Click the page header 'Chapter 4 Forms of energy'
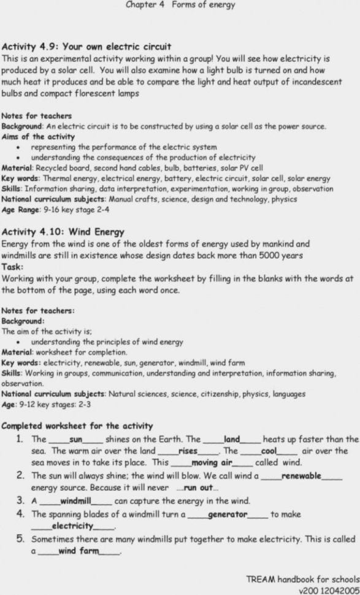[180, 5]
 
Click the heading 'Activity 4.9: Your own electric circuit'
[86, 47]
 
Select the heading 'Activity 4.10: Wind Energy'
[63, 232]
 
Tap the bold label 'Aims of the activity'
[38, 137]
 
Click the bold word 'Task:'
[13, 267]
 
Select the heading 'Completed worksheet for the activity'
[77, 426]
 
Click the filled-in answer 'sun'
[76, 439]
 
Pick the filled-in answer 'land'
[232, 439]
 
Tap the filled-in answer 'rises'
[187, 451]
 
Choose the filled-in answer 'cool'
[269, 451]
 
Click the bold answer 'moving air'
[212, 463]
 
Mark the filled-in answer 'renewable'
[301, 475]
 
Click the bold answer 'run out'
[198, 488]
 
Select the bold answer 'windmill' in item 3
[75, 501]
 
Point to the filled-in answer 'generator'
[228, 514]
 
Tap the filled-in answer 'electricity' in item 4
[72, 526]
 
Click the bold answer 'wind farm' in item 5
[78, 551]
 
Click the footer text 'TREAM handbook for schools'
[303, 579]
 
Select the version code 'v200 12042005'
[329, 589]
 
